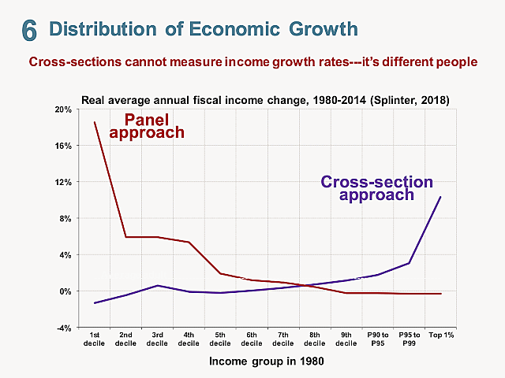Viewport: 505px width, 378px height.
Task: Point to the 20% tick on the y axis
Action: (63, 109)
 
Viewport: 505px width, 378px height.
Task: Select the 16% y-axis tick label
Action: (63, 146)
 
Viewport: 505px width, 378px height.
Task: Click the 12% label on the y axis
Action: (63, 182)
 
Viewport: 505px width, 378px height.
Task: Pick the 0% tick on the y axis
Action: (66, 291)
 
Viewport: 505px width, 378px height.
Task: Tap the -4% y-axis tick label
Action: (65, 328)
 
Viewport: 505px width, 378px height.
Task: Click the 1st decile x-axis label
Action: (94, 339)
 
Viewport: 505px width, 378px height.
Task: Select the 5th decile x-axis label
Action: (220, 339)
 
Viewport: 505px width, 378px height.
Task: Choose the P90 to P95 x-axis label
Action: (377, 339)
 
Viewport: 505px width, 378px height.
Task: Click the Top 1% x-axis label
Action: (440, 335)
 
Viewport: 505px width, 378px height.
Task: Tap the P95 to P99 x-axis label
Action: (409, 339)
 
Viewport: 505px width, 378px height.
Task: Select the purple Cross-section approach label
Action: (376, 188)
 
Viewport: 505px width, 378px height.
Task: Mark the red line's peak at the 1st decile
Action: (95, 122)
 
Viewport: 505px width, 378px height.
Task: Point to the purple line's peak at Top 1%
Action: (440, 197)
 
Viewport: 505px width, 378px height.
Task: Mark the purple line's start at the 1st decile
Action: (95, 303)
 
